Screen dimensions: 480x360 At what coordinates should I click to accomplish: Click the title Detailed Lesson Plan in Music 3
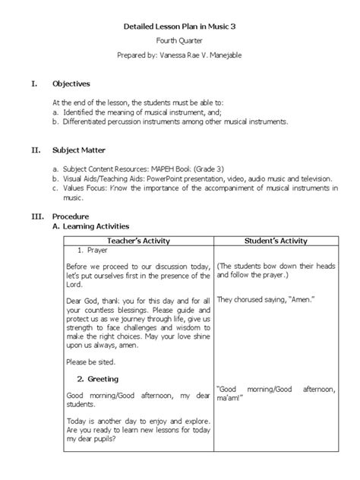(x=179, y=27)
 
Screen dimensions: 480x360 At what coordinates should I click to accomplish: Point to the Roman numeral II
(x=35, y=150)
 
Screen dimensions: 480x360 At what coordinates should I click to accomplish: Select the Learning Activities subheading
(x=96, y=226)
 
